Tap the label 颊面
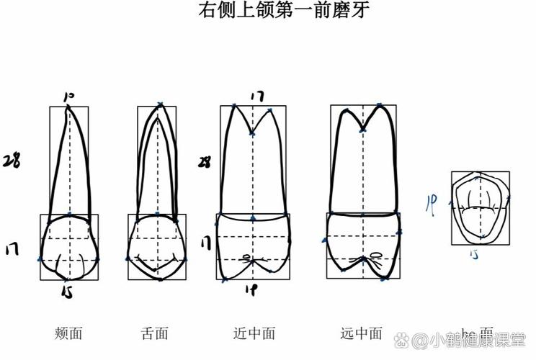click(68, 333)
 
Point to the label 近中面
click(254, 333)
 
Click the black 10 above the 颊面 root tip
click(69, 96)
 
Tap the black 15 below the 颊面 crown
click(67, 291)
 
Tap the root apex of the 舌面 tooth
click(160, 105)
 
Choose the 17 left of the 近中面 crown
click(207, 243)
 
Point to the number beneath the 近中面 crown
click(252, 290)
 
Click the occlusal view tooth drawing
click(479, 207)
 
